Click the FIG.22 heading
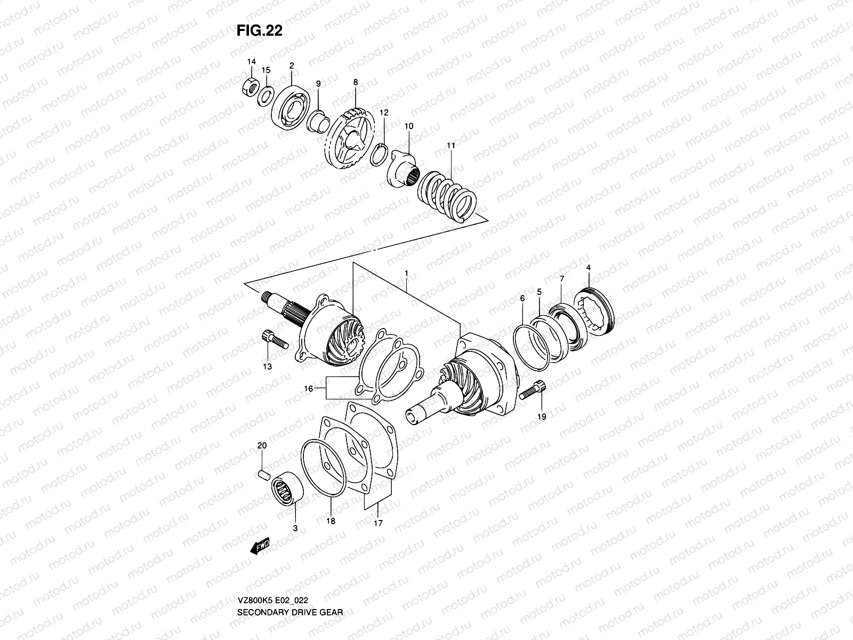[259, 31]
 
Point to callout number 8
[355, 82]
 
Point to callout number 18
[331, 521]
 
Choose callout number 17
[378, 523]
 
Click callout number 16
[308, 389]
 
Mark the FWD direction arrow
[261, 546]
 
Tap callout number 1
[406, 273]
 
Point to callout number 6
[522, 299]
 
